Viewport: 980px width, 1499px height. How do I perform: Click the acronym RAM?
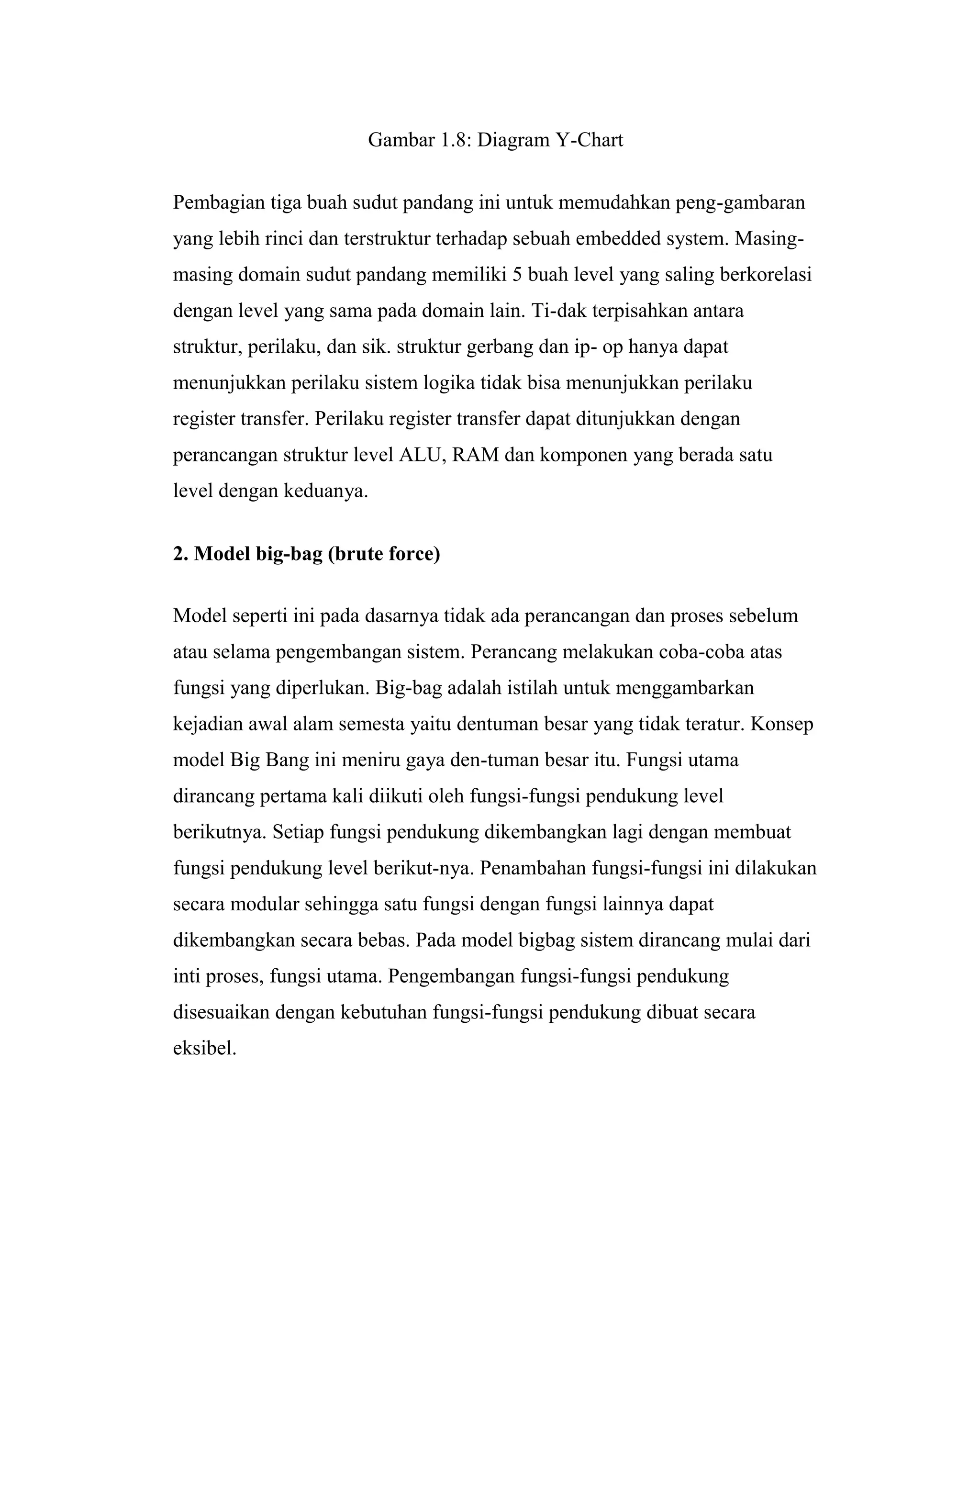(476, 454)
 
